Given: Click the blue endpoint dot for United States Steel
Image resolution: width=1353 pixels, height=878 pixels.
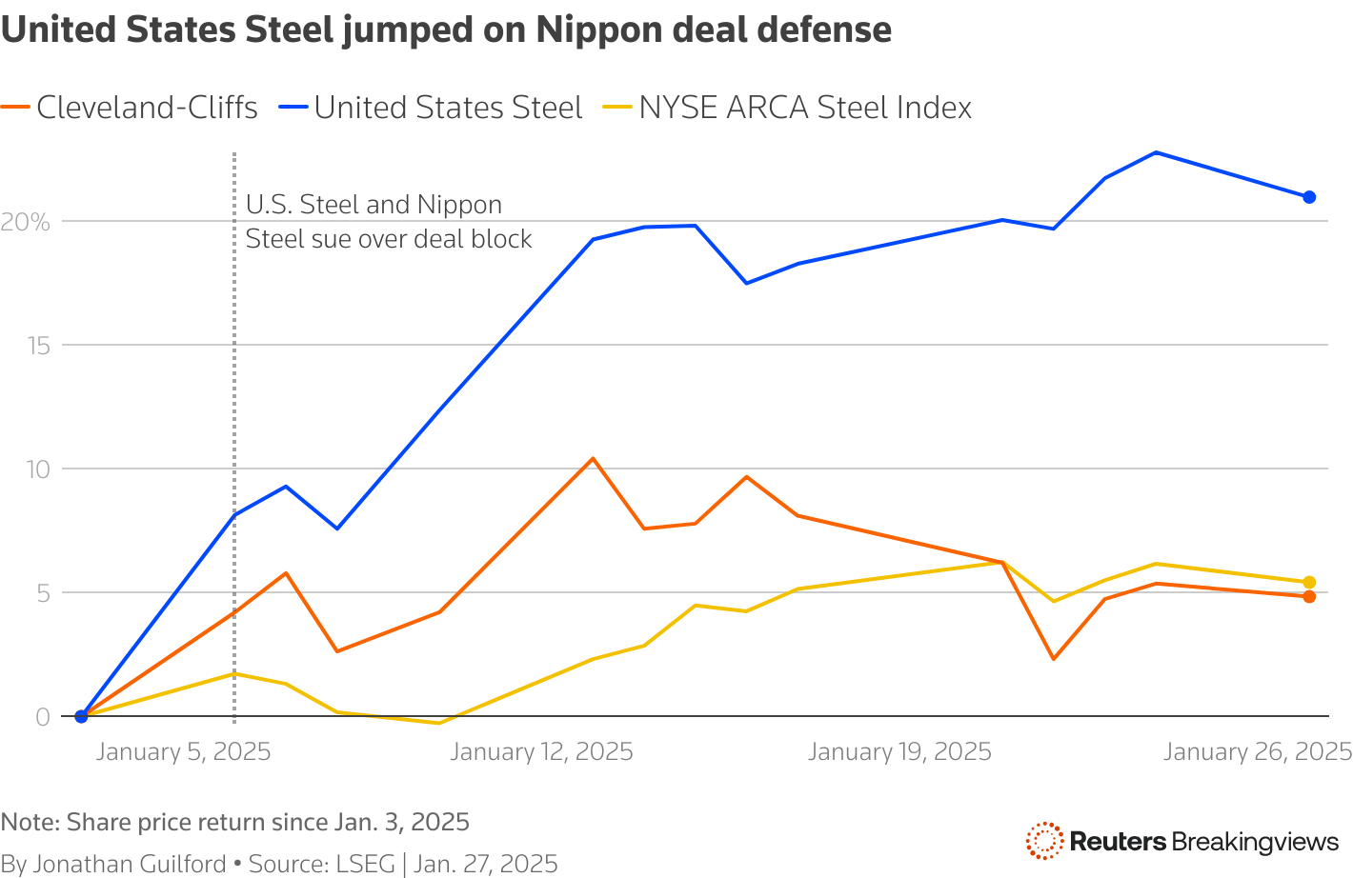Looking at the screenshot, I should pos(1309,197).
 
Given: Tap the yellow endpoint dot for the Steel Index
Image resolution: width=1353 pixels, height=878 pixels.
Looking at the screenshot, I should pos(1309,582).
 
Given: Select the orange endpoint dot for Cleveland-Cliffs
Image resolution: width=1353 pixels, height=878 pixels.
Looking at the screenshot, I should pos(1309,596).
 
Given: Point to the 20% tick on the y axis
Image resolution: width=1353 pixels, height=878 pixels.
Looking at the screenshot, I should pos(26,223).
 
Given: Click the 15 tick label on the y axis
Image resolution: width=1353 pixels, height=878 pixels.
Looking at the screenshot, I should pos(38,346).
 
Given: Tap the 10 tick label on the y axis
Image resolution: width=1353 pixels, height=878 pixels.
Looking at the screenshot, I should pos(38,469).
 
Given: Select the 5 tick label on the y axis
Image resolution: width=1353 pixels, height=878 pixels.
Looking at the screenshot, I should pos(43,592).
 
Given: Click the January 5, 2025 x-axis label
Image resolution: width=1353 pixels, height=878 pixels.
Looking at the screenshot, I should pos(184,752).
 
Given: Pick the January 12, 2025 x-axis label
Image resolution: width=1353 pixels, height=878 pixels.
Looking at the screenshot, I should pos(541,752).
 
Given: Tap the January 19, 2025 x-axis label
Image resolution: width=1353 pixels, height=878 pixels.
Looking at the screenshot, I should pos(899,752).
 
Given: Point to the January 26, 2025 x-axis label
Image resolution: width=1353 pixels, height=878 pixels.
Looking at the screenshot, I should pos(1257,752).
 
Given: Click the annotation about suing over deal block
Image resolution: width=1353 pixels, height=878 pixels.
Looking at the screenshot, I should pos(389,222).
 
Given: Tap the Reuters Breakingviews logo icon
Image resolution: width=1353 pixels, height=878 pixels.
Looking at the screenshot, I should pos(1044,841).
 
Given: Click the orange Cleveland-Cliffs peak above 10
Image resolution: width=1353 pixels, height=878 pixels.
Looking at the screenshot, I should pos(593,458).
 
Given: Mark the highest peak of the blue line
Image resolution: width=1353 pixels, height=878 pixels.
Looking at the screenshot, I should pos(1156,152).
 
